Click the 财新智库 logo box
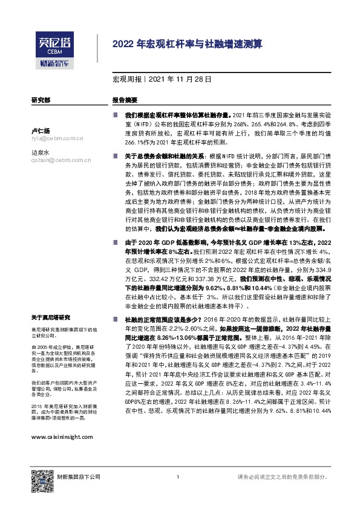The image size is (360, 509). coord(53,62)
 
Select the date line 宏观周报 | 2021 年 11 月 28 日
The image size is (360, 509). coord(162,79)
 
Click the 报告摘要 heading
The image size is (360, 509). coord(125,100)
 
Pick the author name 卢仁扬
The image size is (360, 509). coord(40,131)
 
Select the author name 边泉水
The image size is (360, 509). coord(40,153)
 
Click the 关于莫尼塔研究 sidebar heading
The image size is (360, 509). coord(51,317)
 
